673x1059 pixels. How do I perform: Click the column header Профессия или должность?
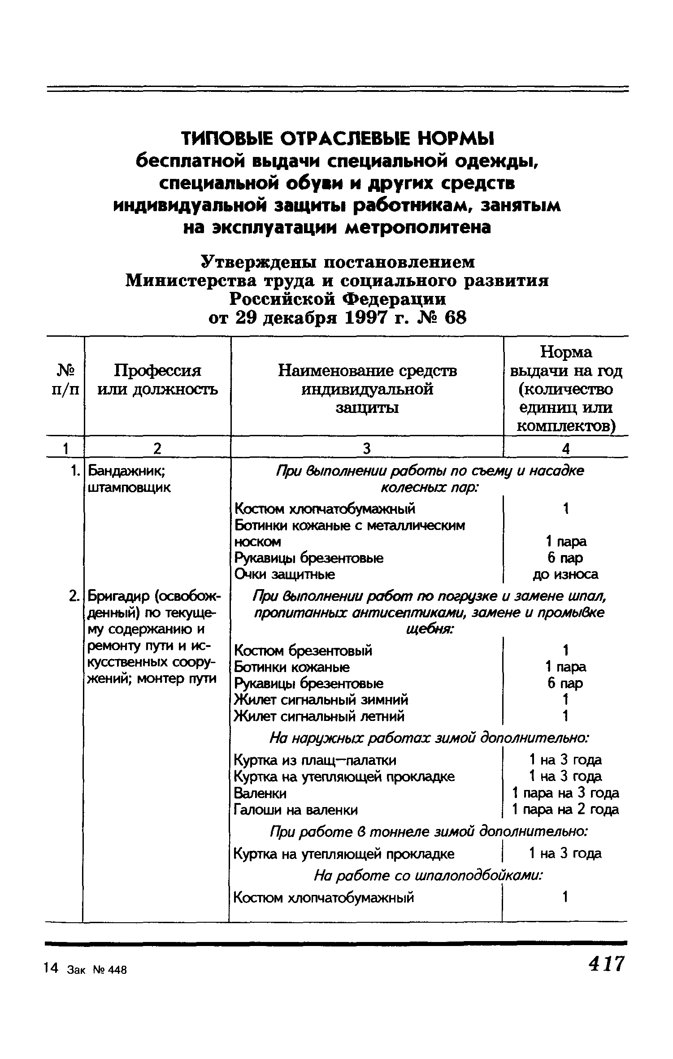point(157,380)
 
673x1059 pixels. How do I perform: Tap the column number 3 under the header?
point(367,448)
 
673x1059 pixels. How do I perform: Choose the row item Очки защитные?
point(285,574)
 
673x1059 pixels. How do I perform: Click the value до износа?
point(566,574)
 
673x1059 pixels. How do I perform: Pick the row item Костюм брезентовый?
point(303,650)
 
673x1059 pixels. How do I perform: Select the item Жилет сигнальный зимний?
point(321,699)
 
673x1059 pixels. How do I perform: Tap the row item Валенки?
point(260,793)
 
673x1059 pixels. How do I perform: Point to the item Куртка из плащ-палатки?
point(315,760)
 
